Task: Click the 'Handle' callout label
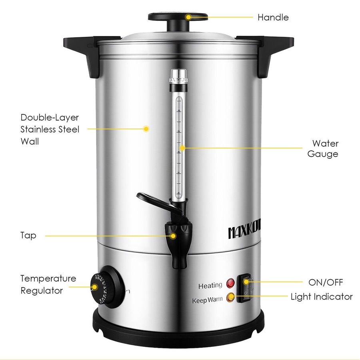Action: (273, 17)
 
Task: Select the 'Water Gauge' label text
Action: (323, 148)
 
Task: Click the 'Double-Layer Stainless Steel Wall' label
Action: (50, 129)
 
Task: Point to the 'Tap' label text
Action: (28, 235)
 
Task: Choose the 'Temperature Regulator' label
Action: (48, 284)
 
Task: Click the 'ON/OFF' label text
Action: (325, 282)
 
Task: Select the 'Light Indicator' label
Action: (322, 296)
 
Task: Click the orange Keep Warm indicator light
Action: (230, 297)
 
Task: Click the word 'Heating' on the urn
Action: (210, 286)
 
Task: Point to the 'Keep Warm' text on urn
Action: (207, 300)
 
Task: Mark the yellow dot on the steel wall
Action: (146, 129)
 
